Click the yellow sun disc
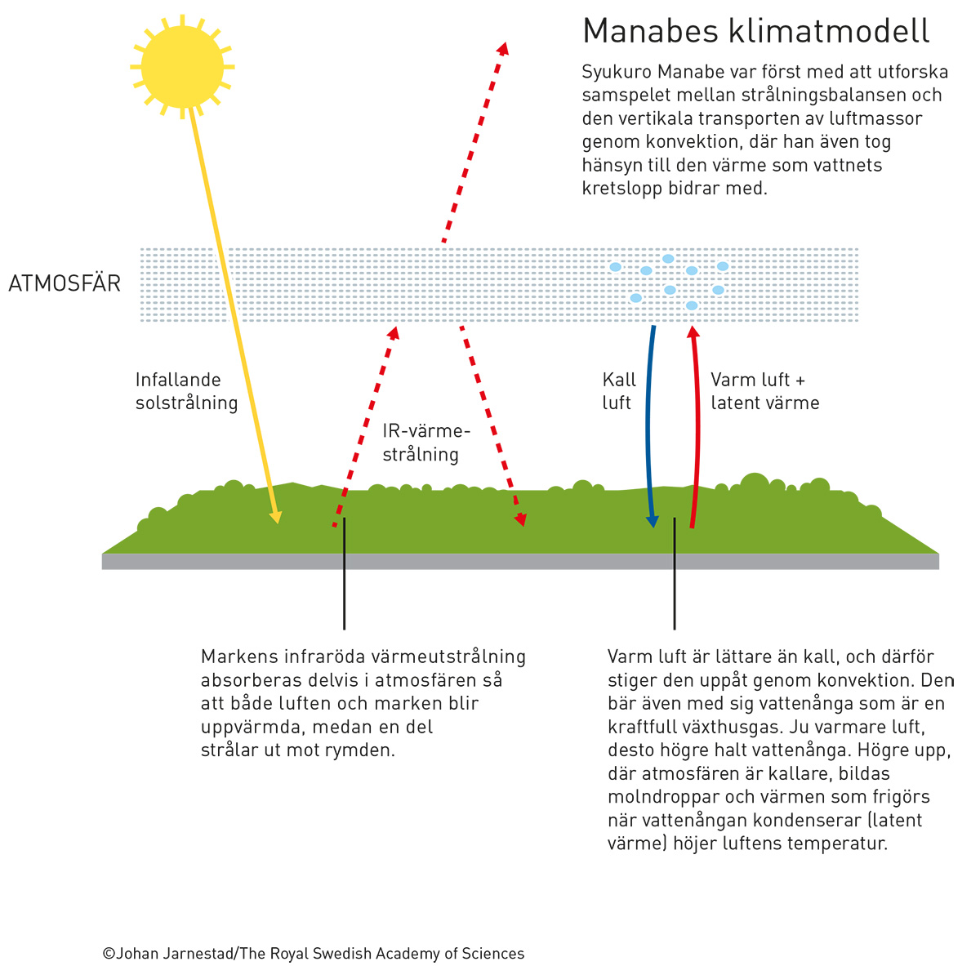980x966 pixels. coord(182,67)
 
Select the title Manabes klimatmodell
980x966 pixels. coord(755,30)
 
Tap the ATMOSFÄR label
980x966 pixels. coord(65,283)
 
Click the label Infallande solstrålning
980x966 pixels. coord(186,391)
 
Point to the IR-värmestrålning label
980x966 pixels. coord(426,443)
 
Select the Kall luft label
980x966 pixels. coord(619,391)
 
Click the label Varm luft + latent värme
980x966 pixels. coord(765,391)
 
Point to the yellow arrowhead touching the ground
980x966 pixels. coord(276,516)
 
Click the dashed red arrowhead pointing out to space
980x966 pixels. coord(504,49)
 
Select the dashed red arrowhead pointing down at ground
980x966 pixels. coord(520,519)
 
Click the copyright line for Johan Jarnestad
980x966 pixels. coord(314,953)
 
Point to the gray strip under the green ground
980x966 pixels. coord(520,561)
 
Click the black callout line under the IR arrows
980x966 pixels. coord(345,574)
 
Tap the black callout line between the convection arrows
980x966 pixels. coord(675,574)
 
